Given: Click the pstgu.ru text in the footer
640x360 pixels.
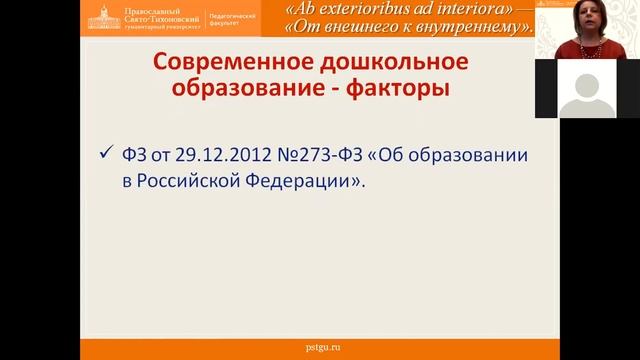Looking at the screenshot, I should [320, 346].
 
